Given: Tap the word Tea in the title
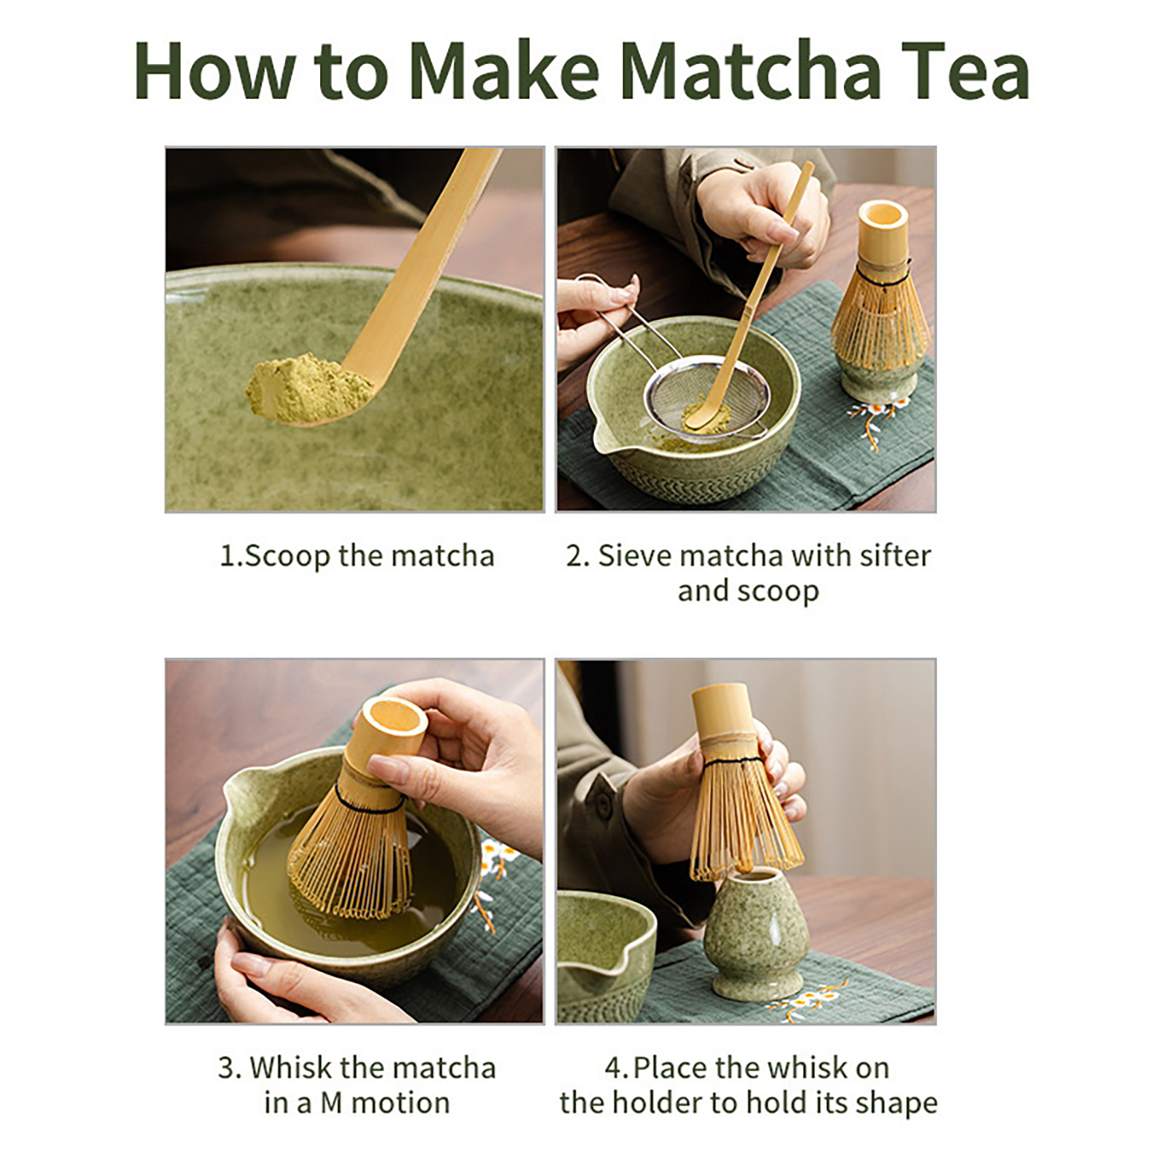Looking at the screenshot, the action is [x=965, y=71].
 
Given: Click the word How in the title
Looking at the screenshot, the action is [x=215, y=71].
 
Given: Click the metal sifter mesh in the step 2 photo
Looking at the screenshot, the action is [x=706, y=404].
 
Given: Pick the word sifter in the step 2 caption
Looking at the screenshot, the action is [x=894, y=556].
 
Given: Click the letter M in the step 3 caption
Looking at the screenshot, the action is [x=331, y=1103].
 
